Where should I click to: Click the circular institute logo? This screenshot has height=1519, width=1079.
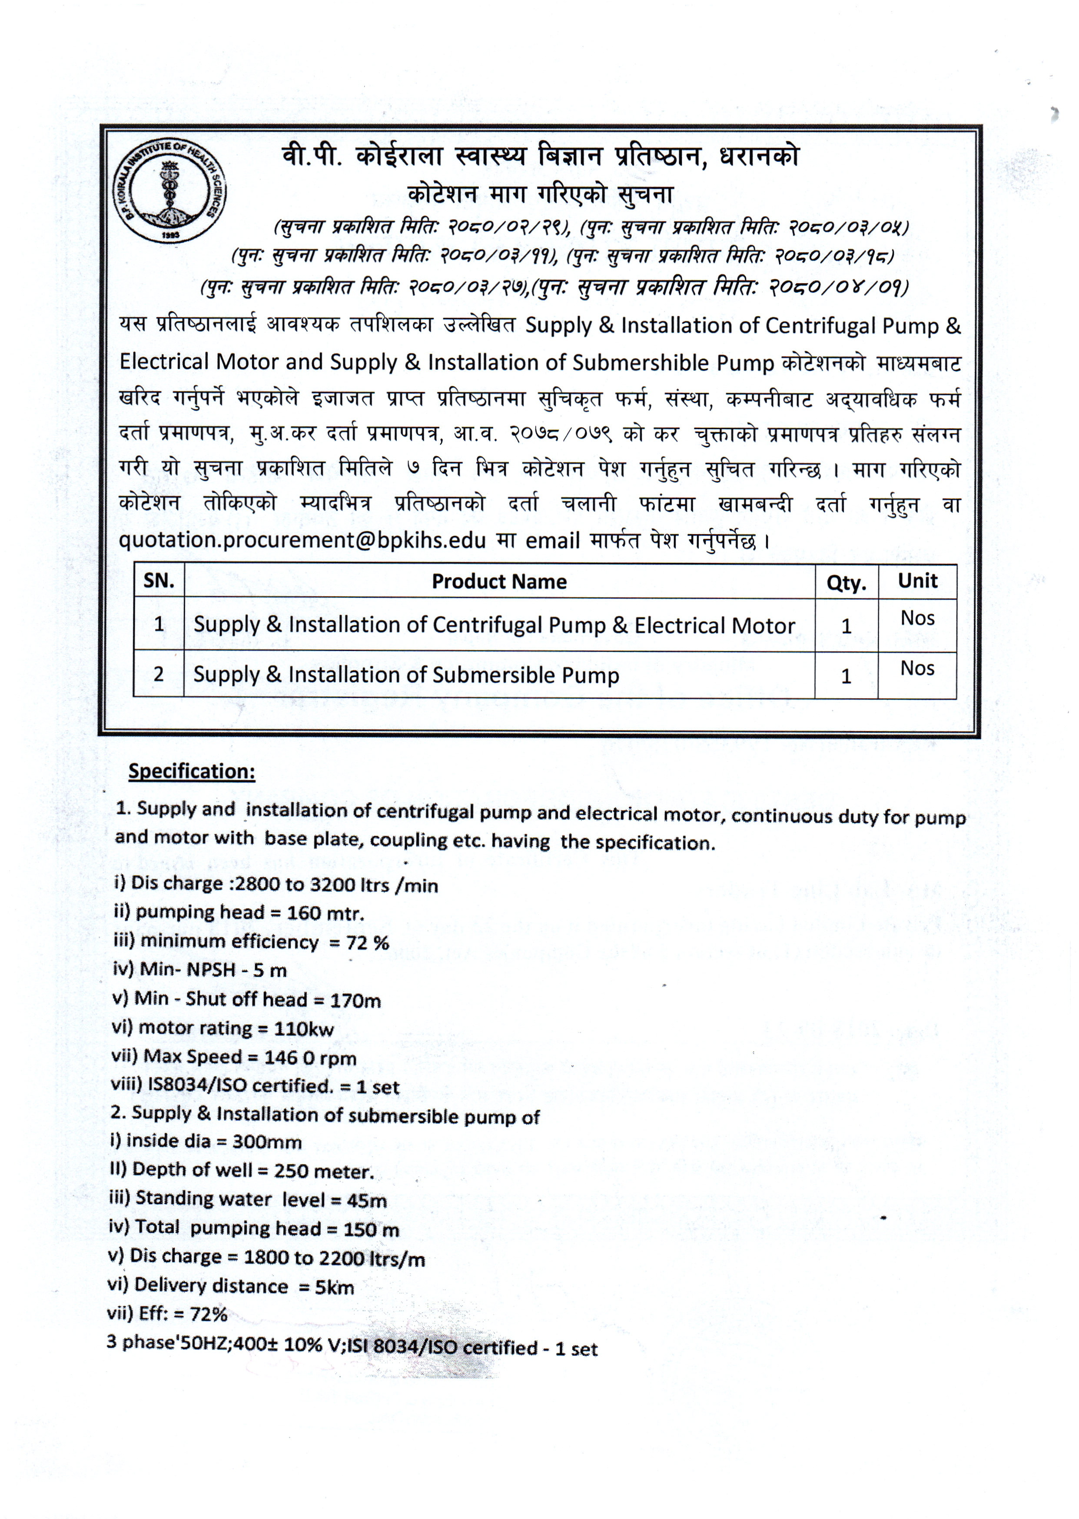(x=169, y=191)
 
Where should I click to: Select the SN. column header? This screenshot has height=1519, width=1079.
(x=159, y=581)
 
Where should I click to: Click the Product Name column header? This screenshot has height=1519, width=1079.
(x=499, y=582)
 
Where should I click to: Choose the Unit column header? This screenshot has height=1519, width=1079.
(x=917, y=581)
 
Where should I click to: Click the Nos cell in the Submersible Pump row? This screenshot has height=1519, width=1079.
(x=917, y=668)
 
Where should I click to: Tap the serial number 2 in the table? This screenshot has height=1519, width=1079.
(x=158, y=674)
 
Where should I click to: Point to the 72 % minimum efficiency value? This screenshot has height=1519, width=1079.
(x=368, y=943)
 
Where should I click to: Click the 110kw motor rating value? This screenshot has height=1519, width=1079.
(x=304, y=1029)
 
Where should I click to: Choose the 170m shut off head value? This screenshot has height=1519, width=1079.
(x=355, y=1001)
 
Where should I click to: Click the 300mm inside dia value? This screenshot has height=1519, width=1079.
(x=267, y=1142)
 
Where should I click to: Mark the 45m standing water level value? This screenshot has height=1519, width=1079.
(x=365, y=1201)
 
